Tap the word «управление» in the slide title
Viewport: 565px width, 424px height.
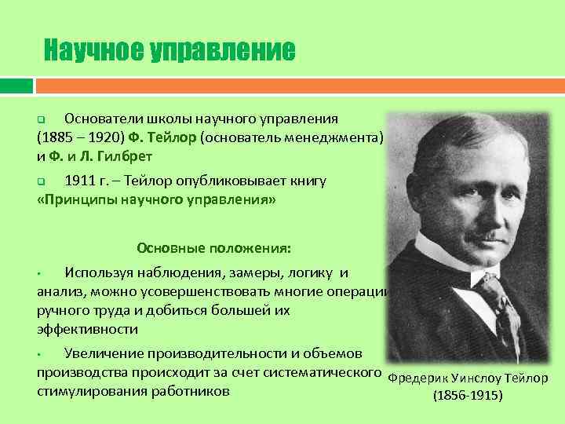[x=223, y=51]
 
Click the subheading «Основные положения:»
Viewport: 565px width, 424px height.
[x=213, y=248]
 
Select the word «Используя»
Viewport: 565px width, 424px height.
[x=101, y=273]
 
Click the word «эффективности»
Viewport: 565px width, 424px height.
[x=87, y=329]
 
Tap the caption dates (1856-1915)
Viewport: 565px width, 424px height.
[x=468, y=396]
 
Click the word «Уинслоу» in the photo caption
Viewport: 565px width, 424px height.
[x=475, y=378]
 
